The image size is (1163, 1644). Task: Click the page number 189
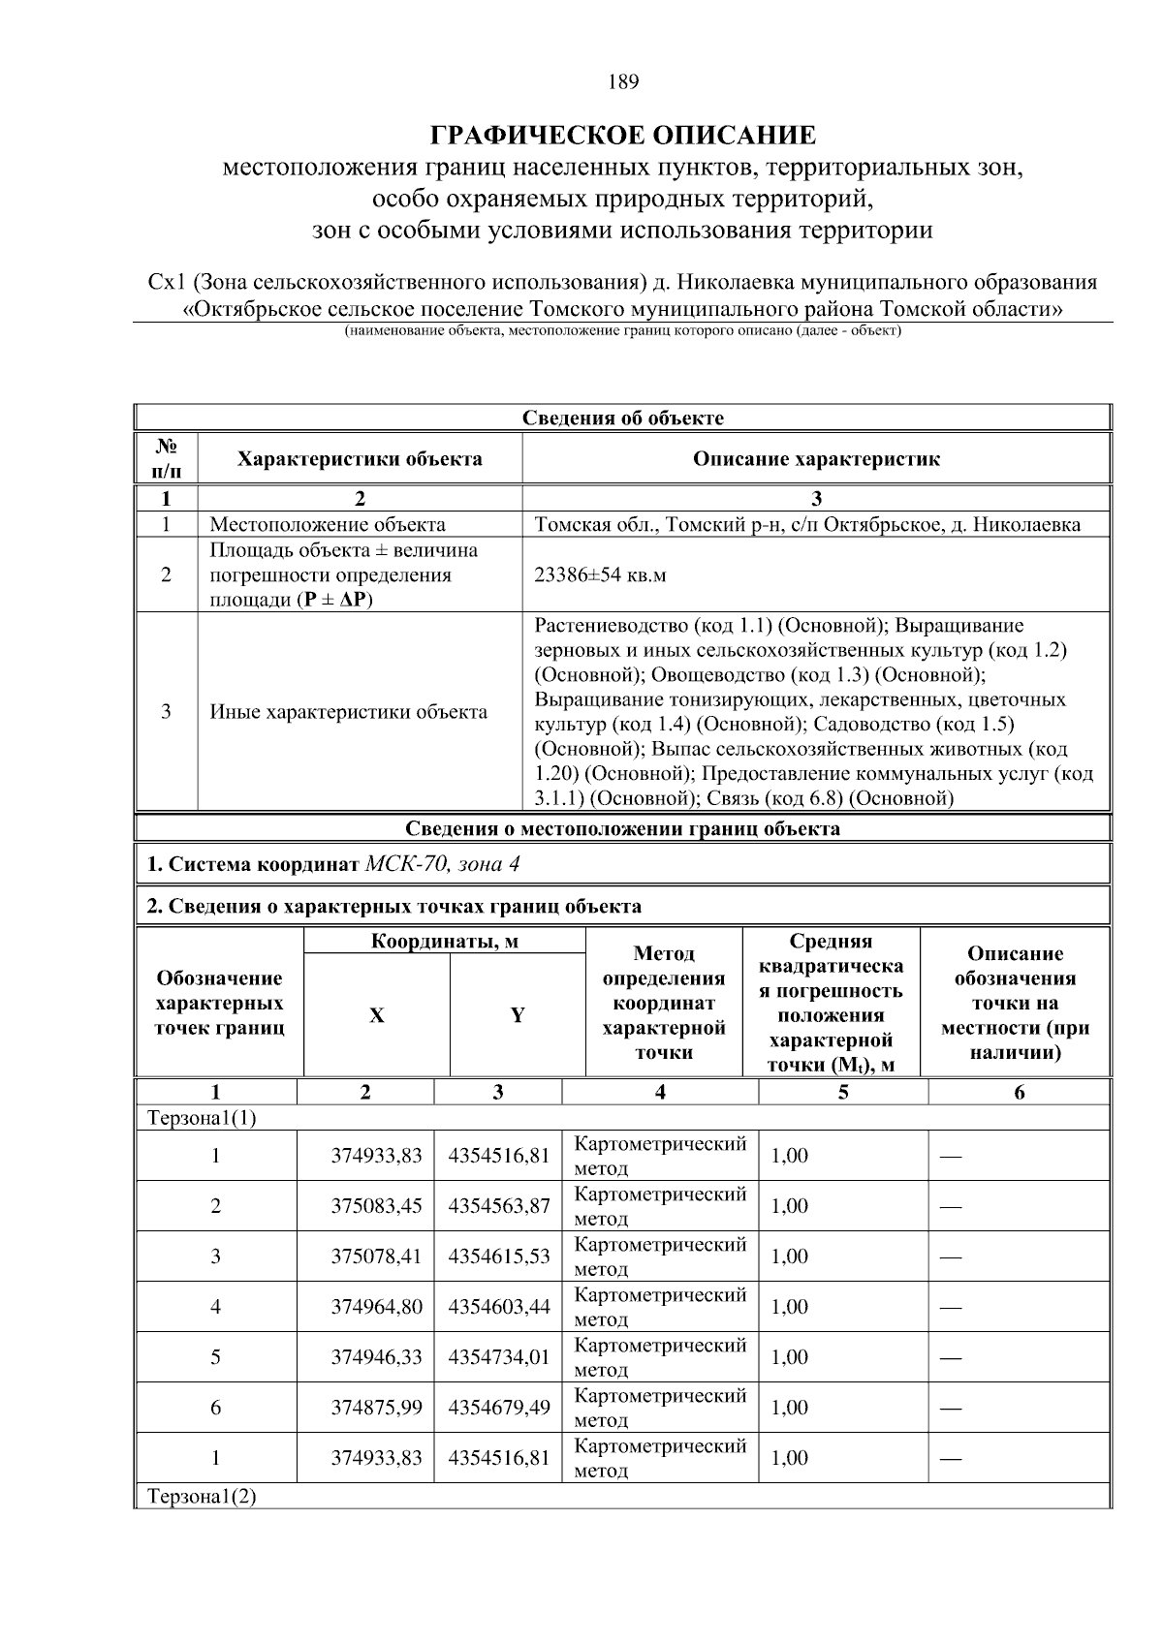click(623, 82)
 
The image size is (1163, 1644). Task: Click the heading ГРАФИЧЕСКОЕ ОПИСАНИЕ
click(623, 134)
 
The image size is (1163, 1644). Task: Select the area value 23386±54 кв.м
click(600, 574)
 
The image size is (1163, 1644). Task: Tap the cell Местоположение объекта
click(328, 525)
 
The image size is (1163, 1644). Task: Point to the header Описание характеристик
click(816, 459)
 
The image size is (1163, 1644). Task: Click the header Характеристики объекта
click(360, 459)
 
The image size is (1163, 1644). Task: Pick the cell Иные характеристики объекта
click(349, 712)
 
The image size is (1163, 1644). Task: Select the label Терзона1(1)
click(202, 1118)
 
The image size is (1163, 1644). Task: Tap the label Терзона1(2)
click(202, 1497)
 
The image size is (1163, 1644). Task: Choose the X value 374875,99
click(376, 1408)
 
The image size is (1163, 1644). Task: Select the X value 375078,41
click(376, 1256)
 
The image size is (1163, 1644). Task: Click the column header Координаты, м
click(445, 942)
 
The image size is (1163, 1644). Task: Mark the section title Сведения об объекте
click(623, 419)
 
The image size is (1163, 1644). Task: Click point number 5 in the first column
click(215, 1357)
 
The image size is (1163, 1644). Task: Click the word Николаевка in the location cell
click(1027, 525)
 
